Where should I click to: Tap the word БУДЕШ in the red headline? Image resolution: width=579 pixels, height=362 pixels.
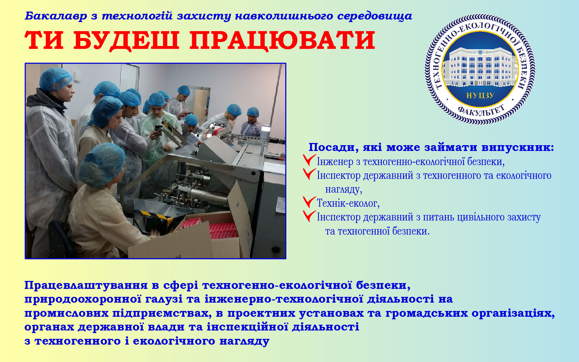coord(126,41)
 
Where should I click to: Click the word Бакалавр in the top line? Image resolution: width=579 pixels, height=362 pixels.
coord(56,16)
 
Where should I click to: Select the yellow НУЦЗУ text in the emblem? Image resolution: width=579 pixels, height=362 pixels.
coord(480,96)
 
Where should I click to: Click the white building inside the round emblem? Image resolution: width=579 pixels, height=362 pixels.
coord(480,67)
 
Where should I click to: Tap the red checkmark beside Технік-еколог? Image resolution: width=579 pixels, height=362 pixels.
coord(309,202)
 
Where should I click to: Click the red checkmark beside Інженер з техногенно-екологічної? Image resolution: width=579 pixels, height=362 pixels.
coord(309,160)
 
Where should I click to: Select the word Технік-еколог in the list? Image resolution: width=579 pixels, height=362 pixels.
coord(348,203)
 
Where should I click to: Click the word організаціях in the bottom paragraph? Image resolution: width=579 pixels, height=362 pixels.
coord(513,313)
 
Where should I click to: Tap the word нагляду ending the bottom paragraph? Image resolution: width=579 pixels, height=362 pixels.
coord(245,341)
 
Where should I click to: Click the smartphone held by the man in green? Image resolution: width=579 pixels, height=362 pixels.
coord(158,129)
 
